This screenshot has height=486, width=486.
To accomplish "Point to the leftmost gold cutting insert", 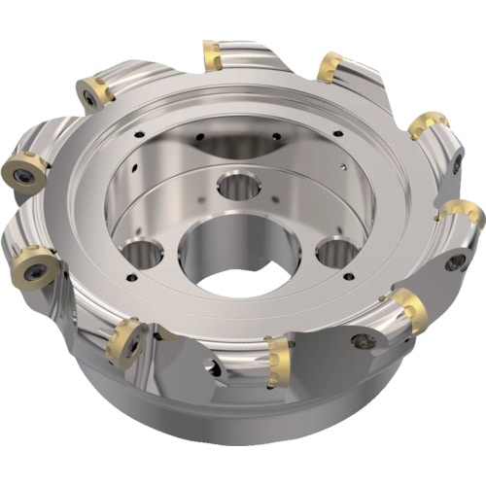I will pyautogui.click(x=24, y=170).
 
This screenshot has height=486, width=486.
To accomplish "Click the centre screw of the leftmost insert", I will pyautogui.click(x=20, y=174).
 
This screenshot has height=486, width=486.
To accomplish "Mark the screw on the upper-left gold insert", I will pyautogui.click(x=90, y=98).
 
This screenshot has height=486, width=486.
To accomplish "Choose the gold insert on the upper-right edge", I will pyautogui.click(x=428, y=124).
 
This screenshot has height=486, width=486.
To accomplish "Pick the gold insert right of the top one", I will pyautogui.click(x=330, y=66).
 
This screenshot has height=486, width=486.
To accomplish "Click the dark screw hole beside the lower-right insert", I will pyautogui.click(x=364, y=341).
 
